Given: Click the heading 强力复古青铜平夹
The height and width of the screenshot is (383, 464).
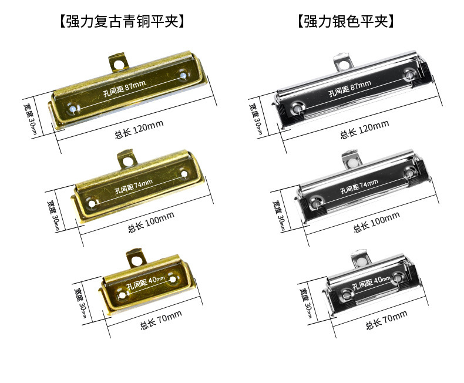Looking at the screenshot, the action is tap(122, 22).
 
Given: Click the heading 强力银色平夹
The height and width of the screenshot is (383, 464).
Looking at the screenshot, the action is tap(345, 22).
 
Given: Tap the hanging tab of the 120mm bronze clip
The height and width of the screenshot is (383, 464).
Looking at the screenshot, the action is tap(119, 61).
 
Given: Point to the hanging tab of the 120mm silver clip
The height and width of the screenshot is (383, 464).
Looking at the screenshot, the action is tap(343, 61).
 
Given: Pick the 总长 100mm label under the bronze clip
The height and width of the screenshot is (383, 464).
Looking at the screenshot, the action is tap(151, 221).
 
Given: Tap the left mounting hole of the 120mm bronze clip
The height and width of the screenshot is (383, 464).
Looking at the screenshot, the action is tap(72, 108).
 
